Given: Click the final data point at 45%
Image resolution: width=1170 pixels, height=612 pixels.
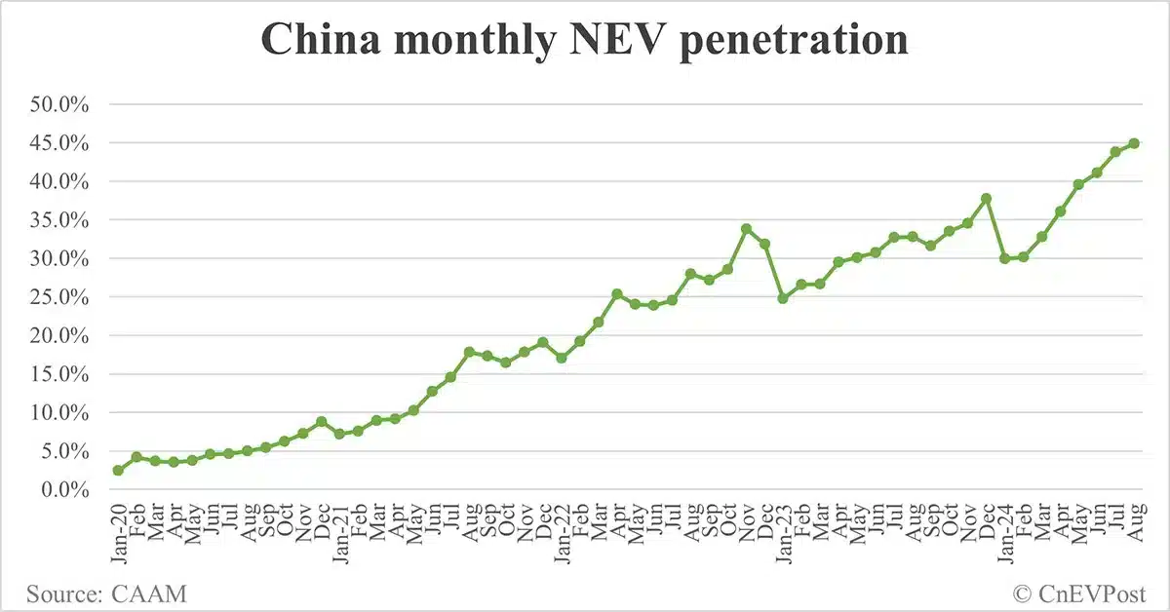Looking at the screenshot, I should (1133, 143).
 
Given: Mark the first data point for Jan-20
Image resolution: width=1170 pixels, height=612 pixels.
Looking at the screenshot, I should (118, 470).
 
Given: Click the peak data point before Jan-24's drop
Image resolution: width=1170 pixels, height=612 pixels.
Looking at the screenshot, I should (986, 199).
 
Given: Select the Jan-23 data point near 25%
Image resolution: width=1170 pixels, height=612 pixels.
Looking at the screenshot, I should (782, 298).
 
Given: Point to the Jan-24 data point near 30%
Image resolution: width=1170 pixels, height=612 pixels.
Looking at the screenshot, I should (1004, 258).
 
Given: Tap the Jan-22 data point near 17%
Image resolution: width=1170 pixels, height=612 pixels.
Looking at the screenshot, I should (561, 358).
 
